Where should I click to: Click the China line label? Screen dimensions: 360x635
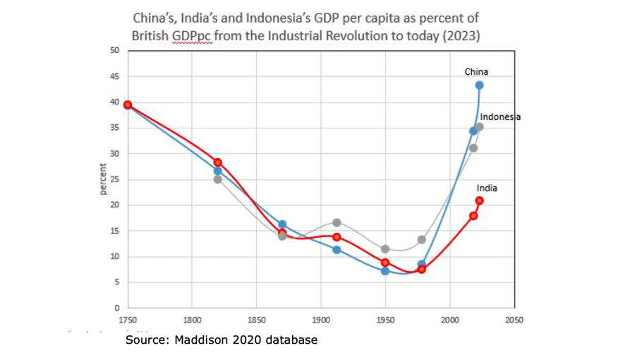pos(476,72)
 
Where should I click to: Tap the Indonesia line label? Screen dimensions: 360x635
pos(500,117)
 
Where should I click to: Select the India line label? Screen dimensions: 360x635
pos(487,188)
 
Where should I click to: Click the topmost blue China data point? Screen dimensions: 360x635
pos(479,85)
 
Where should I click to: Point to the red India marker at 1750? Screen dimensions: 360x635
pos(128,104)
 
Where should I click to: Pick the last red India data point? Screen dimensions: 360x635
pos(479,201)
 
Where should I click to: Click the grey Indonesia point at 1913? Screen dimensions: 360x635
pos(337,223)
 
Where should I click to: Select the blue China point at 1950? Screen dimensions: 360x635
pos(385,271)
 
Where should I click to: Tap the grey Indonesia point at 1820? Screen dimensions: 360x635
pos(217,179)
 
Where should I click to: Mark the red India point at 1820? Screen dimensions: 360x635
pos(217,162)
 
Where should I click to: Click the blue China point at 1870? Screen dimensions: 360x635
pos(282,224)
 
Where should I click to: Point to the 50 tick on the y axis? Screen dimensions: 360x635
pos(114,51)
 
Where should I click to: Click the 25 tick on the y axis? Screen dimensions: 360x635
pos(114,179)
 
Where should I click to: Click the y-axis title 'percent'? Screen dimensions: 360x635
pos(103,179)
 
